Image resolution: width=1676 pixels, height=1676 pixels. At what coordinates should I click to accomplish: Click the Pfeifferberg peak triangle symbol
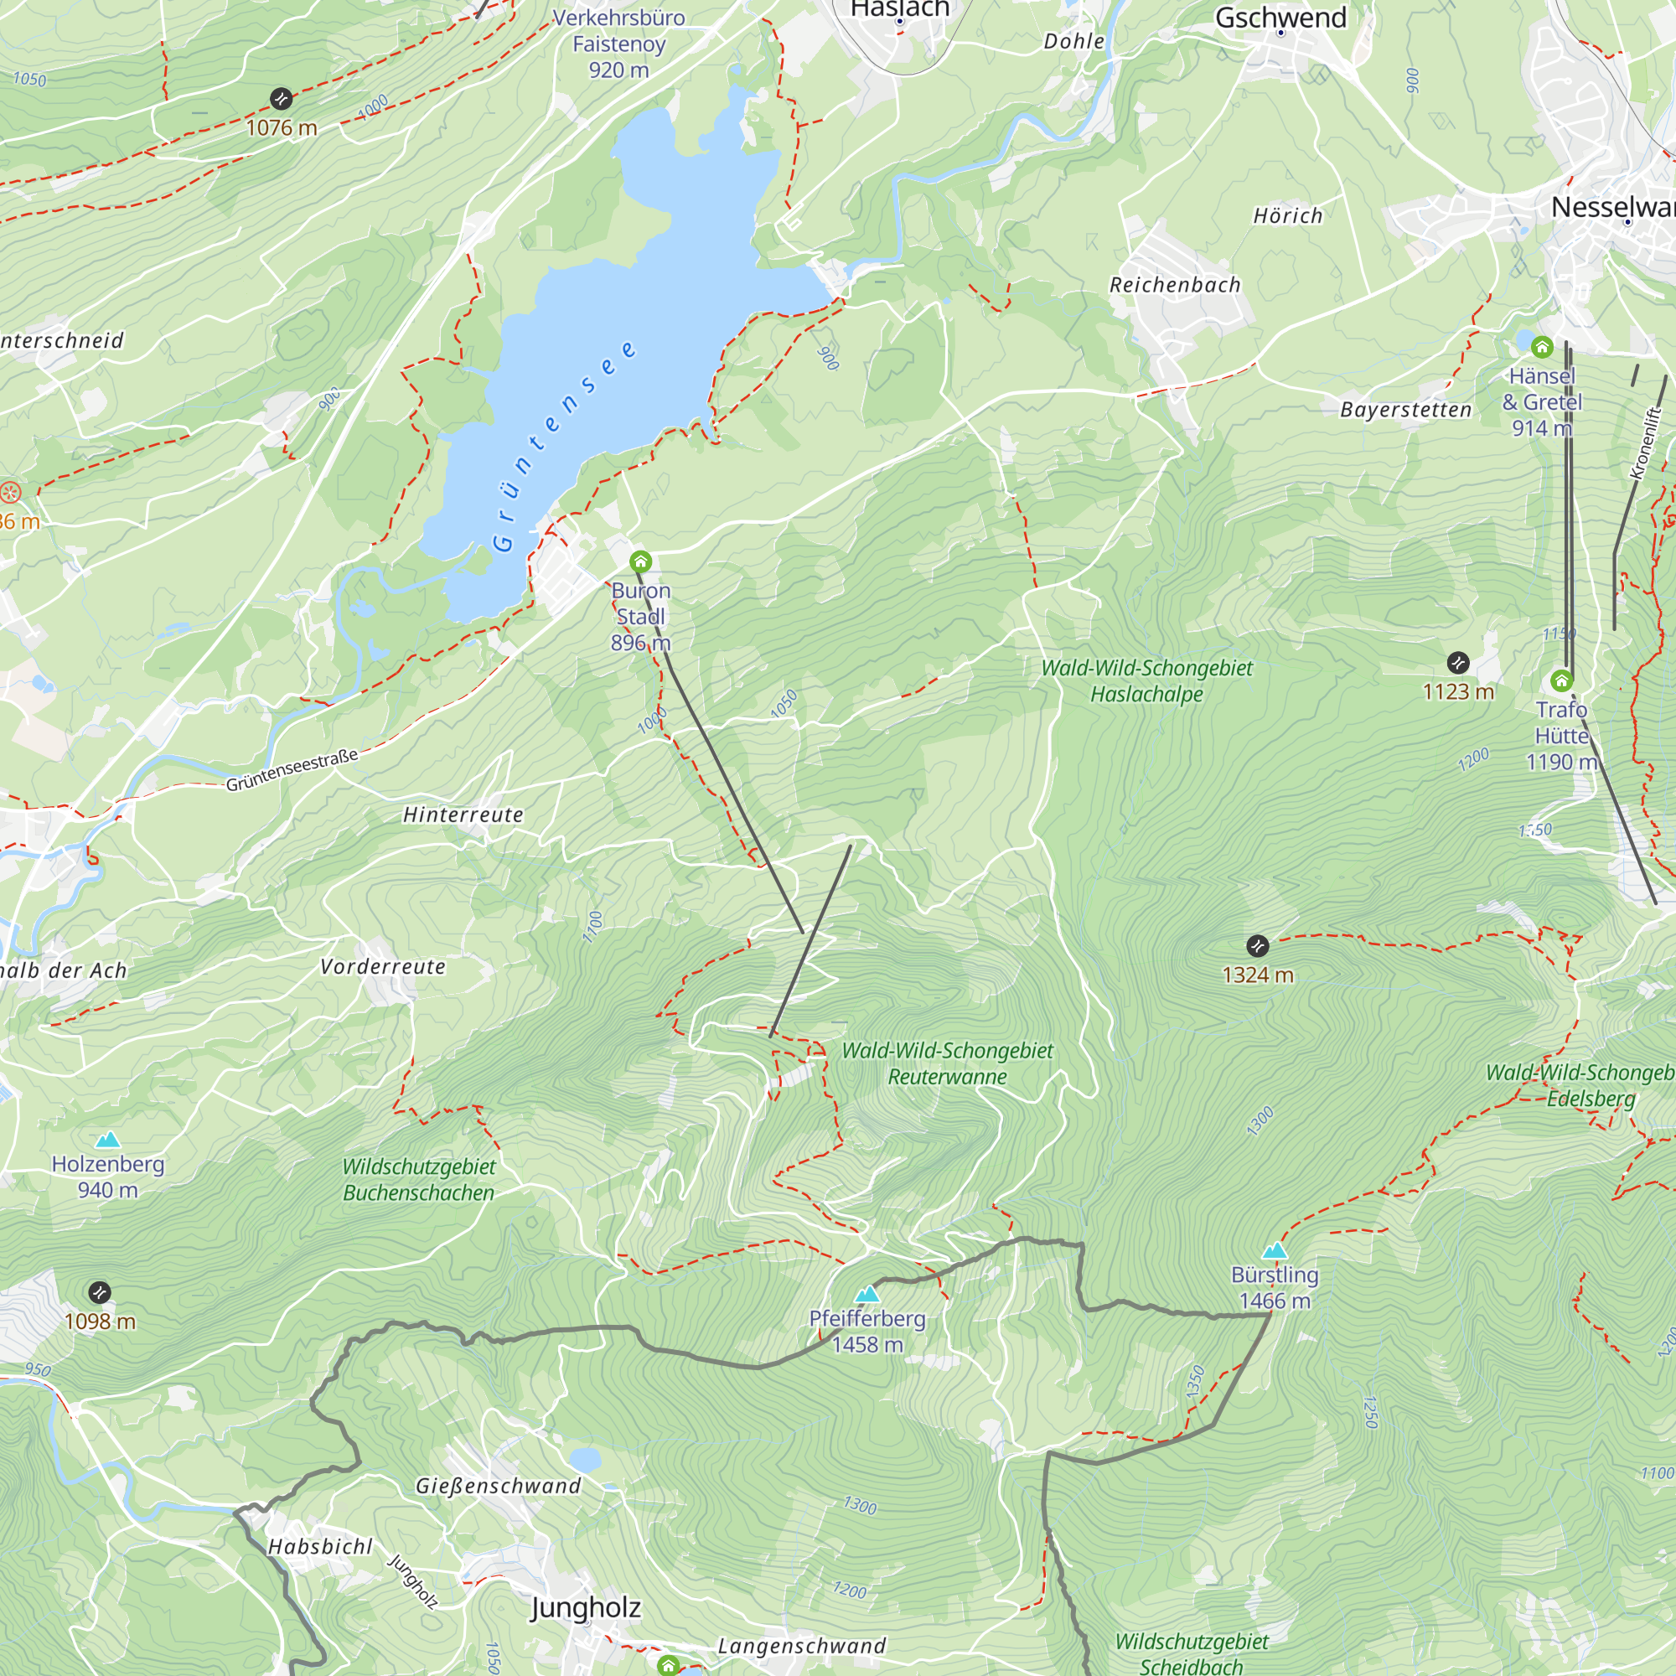pyautogui.click(x=866, y=1296)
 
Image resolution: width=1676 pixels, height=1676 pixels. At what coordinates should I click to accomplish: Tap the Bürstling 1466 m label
pyautogui.click(x=1275, y=1287)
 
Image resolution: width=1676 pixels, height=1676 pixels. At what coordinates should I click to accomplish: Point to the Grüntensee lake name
pyautogui.click(x=563, y=447)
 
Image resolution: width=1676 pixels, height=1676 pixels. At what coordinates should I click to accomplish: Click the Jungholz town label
pyautogui.click(x=586, y=1607)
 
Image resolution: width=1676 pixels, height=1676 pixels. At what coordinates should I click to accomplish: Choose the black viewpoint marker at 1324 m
pyautogui.click(x=1257, y=945)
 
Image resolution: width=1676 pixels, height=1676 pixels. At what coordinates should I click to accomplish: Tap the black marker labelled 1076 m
pyautogui.click(x=280, y=98)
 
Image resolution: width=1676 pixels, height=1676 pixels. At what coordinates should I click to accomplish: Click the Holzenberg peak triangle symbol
pyautogui.click(x=107, y=1140)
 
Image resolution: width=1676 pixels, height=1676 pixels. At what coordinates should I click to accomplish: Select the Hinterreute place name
pyautogui.click(x=463, y=815)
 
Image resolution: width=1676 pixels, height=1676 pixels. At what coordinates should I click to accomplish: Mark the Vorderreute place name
pyautogui.click(x=383, y=966)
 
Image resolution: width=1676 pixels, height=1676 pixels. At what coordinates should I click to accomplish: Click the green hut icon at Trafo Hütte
pyautogui.click(x=1561, y=680)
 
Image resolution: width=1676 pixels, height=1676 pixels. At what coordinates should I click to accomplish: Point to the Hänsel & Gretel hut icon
pyautogui.click(x=1542, y=348)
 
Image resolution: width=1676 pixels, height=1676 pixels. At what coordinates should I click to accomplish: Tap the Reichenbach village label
pyautogui.click(x=1175, y=285)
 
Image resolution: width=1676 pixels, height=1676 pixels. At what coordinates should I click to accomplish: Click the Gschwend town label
pyautogui.click(x=1280, y=18)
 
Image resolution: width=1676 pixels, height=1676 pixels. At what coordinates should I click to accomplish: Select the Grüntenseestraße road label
pyautogui.click(x=292, y=770)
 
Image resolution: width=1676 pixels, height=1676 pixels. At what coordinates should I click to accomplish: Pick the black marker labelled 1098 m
pyautogui.click(x=100, y=1292)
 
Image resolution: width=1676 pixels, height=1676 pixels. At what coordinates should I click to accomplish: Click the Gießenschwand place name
pyautogui.click(x=498, y=1485)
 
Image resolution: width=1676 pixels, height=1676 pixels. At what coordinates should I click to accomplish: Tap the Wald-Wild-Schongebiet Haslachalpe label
pyautogui.click(x=1147, y=681)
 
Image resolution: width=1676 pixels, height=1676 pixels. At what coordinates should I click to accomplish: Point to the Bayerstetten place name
pyautogui.click(x=1405, y=410)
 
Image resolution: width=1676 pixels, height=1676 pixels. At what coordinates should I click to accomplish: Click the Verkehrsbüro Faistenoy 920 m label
pyautogui.click(x=618, y=44)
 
